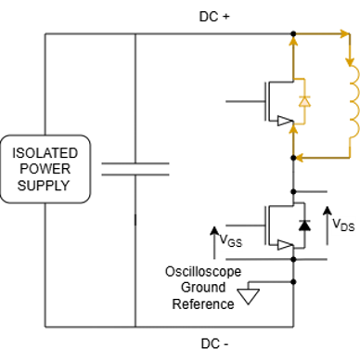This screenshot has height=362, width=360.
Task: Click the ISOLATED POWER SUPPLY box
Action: click(45, 169)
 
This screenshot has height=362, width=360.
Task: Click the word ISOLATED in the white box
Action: click(45, 153)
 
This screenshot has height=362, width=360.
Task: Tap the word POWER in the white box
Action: click(45, 169)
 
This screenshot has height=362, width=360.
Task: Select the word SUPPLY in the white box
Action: click(45, 185)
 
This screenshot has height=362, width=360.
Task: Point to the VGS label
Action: click(230, 241)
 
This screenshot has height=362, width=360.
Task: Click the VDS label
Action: click(343, 226)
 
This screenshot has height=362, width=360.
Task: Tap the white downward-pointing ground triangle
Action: click(248, 296)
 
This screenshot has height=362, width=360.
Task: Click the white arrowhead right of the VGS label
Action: click(284, 245)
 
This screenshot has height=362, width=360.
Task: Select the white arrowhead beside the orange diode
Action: click(283, 121)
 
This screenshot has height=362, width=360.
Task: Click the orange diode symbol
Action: click(302, 100)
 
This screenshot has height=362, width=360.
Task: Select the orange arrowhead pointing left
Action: click(301, 158)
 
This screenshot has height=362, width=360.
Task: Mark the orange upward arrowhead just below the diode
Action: click(296, 129)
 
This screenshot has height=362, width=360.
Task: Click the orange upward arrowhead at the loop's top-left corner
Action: click(296, 42)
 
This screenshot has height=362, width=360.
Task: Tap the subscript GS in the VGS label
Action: click(236, 244)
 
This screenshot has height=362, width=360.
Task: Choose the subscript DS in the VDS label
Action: click(347, 227)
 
